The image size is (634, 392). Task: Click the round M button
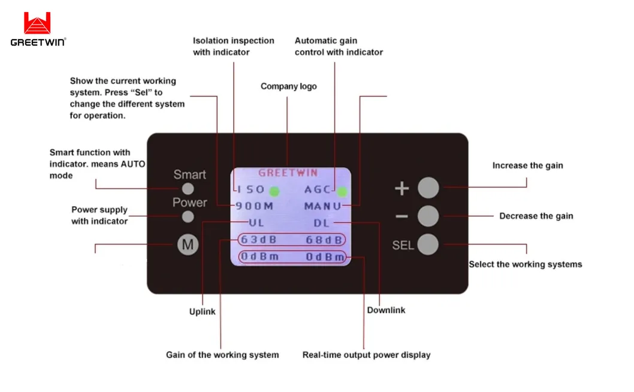188,245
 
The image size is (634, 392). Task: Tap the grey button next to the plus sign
428,188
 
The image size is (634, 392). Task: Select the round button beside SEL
428,245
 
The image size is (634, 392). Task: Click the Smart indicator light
188,188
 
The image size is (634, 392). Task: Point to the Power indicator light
188,216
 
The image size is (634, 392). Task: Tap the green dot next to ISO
274,191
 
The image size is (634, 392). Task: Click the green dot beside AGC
342,192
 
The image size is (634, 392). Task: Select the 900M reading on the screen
255,206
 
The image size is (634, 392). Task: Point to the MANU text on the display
322,206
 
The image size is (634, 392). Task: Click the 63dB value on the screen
258,240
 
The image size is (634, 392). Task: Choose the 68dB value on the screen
324,240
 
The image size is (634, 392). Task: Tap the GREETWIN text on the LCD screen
288,173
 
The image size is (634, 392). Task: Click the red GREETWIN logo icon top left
37,23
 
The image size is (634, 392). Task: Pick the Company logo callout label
288,86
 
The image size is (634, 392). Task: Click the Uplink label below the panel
203,312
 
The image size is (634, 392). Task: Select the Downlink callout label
386,310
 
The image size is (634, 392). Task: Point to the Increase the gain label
527,165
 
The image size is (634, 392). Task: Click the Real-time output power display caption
366,355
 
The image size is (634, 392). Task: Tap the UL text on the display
256,223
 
